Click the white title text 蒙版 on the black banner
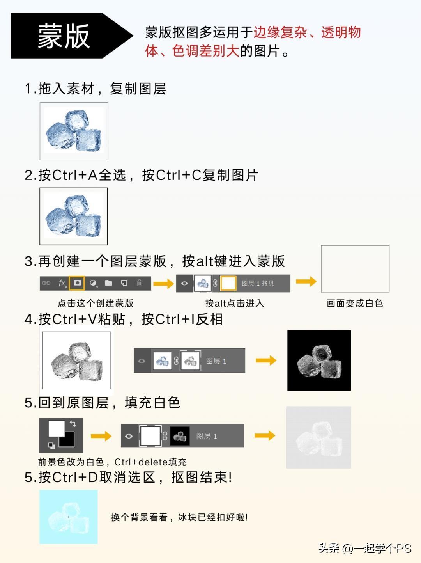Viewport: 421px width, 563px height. [64, 36]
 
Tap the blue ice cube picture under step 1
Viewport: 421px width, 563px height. [74, 131]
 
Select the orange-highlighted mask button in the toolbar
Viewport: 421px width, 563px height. [77, 283]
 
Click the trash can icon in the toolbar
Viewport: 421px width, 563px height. [140, 283]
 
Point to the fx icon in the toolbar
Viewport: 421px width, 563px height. [62, 283]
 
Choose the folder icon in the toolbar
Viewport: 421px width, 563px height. [108, 283]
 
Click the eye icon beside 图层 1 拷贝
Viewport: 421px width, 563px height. [185, 284]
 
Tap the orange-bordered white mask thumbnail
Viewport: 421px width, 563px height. [228, 284]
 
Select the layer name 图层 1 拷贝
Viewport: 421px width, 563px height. [258, 284]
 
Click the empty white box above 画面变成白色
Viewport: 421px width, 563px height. [355, 269]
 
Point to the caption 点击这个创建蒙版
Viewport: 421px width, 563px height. [96, 303]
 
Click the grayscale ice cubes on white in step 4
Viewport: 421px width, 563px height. [76, 361]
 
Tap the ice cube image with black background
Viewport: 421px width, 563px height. [319, 360]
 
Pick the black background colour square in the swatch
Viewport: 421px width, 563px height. [67, 439]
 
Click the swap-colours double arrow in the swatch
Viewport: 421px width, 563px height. [73, 424]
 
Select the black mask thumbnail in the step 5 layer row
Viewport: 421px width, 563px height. [180, 436]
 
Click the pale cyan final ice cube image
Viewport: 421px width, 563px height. [68, 517]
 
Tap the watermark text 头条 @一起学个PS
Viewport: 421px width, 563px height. [365, 548]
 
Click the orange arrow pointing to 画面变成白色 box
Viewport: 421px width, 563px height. [306, 281]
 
